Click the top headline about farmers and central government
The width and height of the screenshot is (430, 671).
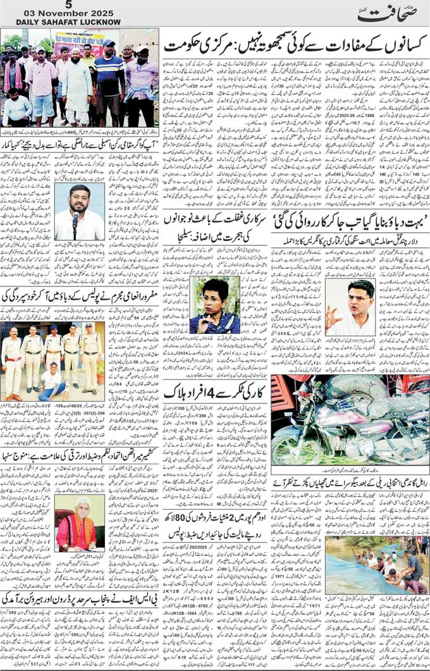point(294,46)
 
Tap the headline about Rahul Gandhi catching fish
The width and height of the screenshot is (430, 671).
point(350,483)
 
